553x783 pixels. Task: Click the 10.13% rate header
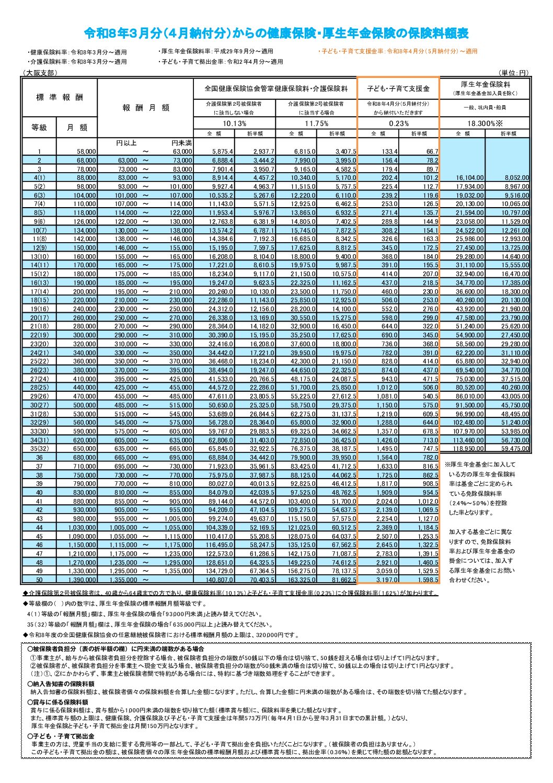[234, 123]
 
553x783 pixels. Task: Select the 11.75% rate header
[316, 123]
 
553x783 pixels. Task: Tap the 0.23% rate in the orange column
[398, 123]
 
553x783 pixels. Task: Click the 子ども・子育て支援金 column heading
[398, 89]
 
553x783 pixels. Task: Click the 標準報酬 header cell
[60, 97]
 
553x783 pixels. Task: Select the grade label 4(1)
[39, 178]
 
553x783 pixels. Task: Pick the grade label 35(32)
[39, 449]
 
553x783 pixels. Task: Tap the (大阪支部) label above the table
[40, 73]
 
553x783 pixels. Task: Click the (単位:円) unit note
[514, 73]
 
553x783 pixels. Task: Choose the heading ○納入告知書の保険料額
[61, 684]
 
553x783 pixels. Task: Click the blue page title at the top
[276, 33]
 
